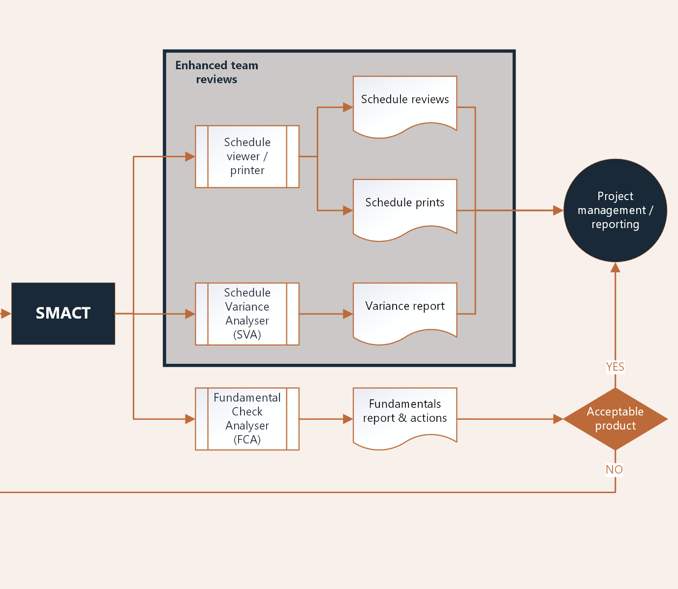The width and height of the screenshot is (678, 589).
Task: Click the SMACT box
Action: point(63,313)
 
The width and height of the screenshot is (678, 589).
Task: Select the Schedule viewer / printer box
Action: point(247,156)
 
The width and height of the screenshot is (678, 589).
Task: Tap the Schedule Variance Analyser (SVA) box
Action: point(247,314)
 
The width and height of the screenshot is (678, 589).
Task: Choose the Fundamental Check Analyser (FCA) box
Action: point(247,419)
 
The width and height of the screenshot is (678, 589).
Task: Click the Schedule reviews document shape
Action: point(405,103)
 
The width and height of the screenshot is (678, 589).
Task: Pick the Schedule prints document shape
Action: point(405,206)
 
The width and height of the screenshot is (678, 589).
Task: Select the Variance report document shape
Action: point(405,310)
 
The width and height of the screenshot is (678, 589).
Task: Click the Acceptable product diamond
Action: point(615,419)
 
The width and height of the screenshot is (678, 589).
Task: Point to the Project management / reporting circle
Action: point(615,210)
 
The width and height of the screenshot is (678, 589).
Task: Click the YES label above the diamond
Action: point(615,367)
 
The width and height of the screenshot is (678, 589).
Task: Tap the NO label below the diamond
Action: point(614,470)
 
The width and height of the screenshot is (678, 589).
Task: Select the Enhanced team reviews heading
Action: point(216,72)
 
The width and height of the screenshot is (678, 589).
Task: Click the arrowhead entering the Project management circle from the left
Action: point(558,210)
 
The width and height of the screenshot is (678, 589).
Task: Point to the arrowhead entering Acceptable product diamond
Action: point(558,419)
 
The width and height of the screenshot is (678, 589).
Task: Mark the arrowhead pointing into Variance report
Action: point(348,314)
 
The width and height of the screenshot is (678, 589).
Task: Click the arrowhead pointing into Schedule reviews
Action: point(348,107)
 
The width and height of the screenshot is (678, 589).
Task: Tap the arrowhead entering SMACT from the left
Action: point(6,313)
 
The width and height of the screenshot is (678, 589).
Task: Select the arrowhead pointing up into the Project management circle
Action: point(615,267)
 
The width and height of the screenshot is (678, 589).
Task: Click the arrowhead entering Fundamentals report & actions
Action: point(348,419)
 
